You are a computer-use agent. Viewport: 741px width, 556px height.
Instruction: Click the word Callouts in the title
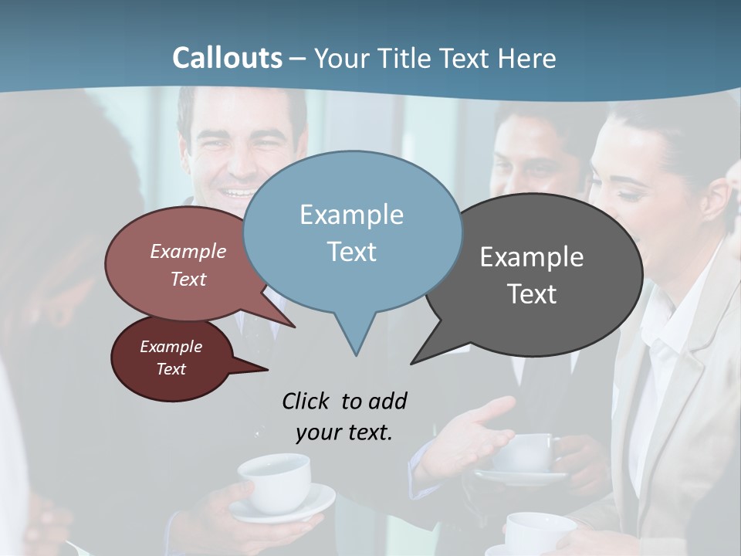coord(227,58)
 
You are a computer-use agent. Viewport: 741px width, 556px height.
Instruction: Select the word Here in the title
coord(527,58)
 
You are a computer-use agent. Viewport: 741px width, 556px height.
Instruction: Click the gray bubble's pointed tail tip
coord(412,362)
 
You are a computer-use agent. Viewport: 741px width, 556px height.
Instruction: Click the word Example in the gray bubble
coord(532,257)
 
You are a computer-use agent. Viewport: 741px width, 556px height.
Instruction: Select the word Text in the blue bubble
coord(351,252)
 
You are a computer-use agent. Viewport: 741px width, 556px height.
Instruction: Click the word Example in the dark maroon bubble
coord(171,347)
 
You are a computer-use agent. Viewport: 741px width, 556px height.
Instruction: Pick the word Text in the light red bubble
coord(188,280)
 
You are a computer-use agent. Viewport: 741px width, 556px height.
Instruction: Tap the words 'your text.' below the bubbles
coord(343,432)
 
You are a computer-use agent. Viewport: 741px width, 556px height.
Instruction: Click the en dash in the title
coord(299,59)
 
